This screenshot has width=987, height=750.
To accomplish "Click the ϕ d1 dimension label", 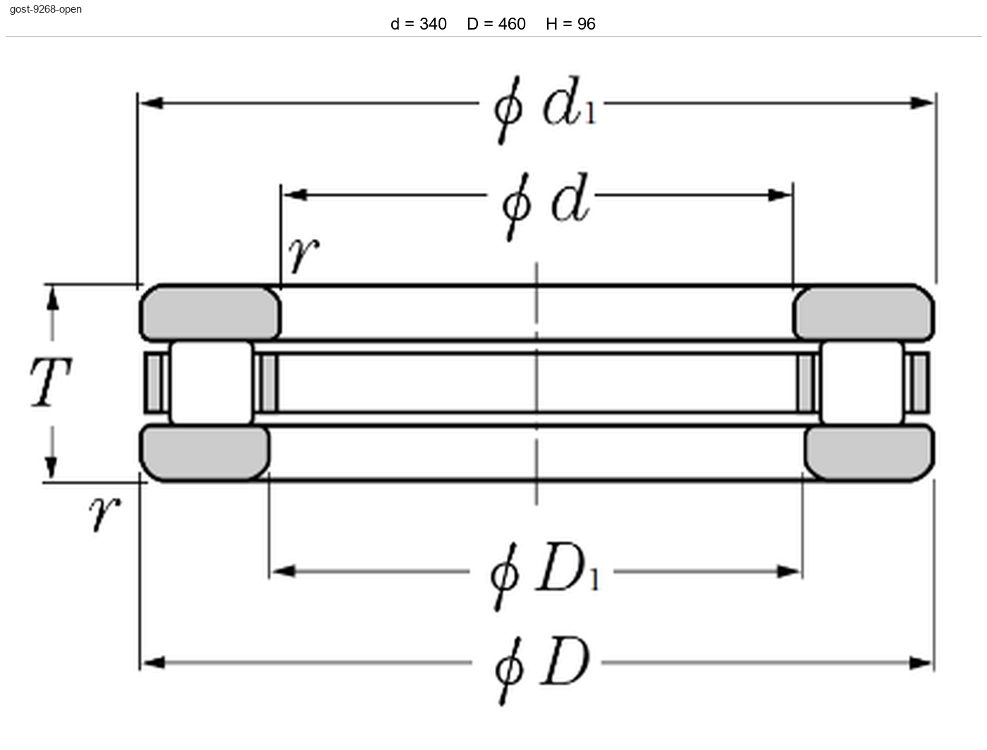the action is pyautogui.click(x=545, y=109).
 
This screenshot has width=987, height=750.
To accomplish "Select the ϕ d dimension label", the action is pyautogui.click(x=546, y=206).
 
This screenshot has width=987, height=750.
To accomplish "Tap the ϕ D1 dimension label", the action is pyautogui.click(x=545, y=576).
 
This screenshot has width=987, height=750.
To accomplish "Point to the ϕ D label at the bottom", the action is pyautogui.click(x=542, y=670).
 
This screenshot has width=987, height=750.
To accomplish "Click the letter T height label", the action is pyautogui.click(x=50, y=382).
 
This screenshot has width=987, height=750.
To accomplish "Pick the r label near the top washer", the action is pyautogui.click(x=304, y=255).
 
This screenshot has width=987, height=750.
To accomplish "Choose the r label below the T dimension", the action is pyautogui.click(x=105, y=513).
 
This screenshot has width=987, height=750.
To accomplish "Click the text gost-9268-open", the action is pyautogui.click(x=46, y=9).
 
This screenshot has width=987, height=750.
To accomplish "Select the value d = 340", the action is pyautogui.click(x=419, y=24).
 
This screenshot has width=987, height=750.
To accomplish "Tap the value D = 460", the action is pyautogui.click(x=496, y=24).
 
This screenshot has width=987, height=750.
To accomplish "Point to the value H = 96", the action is pyautogui.click(x=570, y=24).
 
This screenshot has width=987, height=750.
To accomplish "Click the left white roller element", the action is pyautogui.click(x=211, y=382).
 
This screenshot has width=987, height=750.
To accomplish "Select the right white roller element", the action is pyautogui.click(x=862, y=382).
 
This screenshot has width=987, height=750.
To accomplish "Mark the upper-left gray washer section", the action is pyautogui.click(x=210, y=313).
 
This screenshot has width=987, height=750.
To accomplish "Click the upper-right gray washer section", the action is pyautogui.click(x=864, y=313).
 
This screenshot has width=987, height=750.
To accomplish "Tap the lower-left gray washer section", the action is pyautogui.click(x=204, y=453).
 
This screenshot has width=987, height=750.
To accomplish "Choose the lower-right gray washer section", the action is pyautogui.click(x=869, y=453).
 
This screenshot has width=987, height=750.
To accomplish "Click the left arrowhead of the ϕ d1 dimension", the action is pyautogui.click(x=152, y=104).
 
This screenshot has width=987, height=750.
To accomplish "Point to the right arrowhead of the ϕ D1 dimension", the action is pyautogui.click(x=789, y=572).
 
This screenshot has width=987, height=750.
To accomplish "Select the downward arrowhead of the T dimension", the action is pyautogui.click(x=51, y=467).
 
